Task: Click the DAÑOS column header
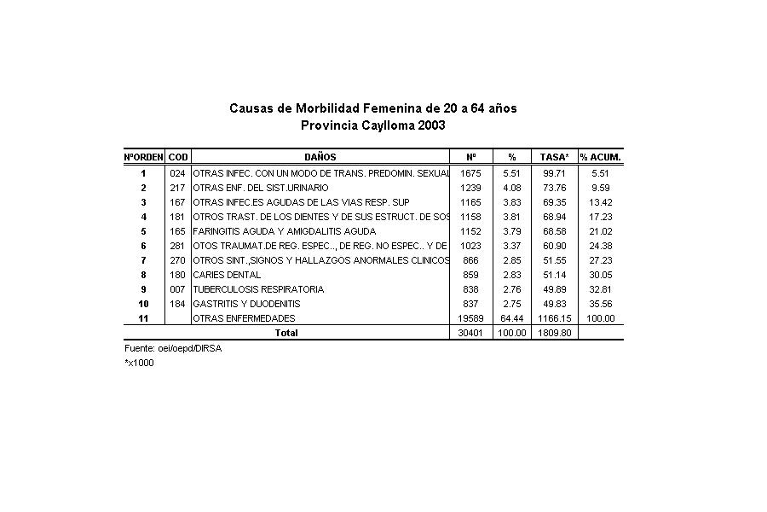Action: tap(320, 157)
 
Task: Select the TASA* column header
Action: tap(555, 157)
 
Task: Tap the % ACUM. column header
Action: tap(601, 157)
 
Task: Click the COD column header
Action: tap(178, 157)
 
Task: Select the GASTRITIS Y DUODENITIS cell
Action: tap(246, 304)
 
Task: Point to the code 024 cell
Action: tap(177, 173)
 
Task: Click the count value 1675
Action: tap(470, 173)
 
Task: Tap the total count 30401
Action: tap(470, 333)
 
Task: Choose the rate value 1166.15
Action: tap(555, 318)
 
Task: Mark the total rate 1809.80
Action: tap(555, 333)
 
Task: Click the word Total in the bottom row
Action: tap(285, 333)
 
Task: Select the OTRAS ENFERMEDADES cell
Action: tap(244, 318)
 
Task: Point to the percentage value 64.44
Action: tap(512, 318)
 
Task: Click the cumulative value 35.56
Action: tap(601, 304)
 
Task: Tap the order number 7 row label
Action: tap(144, 260)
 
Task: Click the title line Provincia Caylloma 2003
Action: tap(373, 125)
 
